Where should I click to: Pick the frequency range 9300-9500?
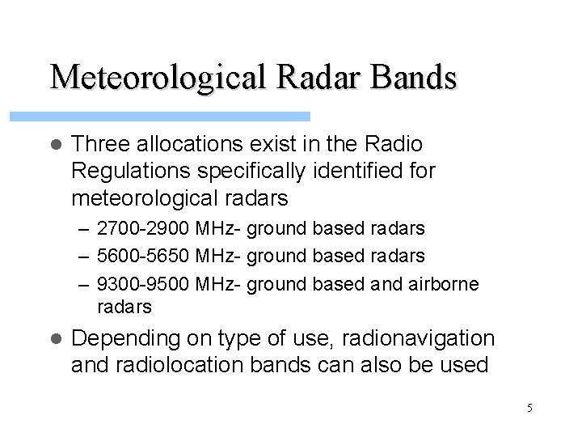click(x=141, y=284)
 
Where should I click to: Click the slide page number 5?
click(x=529, y=409)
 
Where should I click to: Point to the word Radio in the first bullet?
click(x=395, y=145)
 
